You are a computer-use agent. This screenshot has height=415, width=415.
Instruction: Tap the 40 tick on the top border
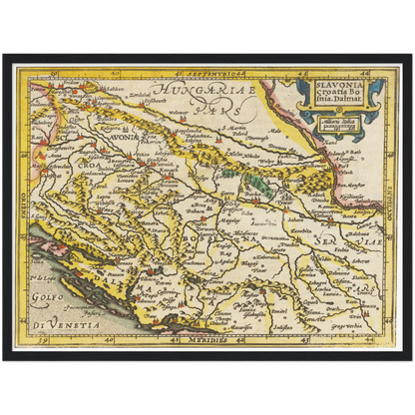click(108, 72)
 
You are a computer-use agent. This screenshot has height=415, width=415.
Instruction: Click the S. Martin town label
click(236, 129)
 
